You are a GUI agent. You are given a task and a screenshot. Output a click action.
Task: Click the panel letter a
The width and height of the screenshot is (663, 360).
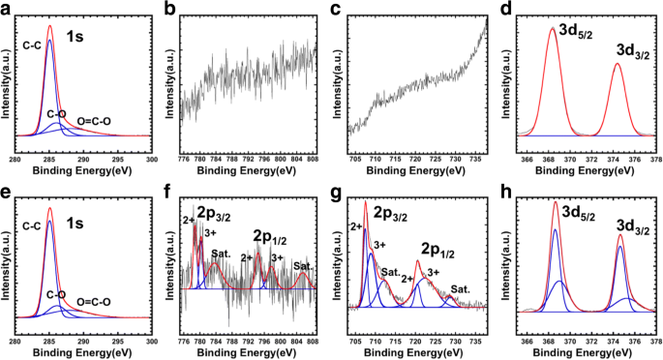pyautogui.click(x=6, y=9)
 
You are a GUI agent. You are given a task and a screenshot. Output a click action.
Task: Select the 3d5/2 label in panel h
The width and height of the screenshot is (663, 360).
pyautogui.click(x=560, y=212)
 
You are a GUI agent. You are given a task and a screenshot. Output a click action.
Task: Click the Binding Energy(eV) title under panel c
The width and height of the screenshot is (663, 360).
pyautogui.click(x=418, y=171)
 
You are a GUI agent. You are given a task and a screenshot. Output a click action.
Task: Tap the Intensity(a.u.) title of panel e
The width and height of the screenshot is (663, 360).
pyautogui.click(x=6, y=260)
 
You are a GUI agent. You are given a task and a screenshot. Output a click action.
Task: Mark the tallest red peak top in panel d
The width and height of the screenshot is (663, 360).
pyautogui.click(x=552, y=27)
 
